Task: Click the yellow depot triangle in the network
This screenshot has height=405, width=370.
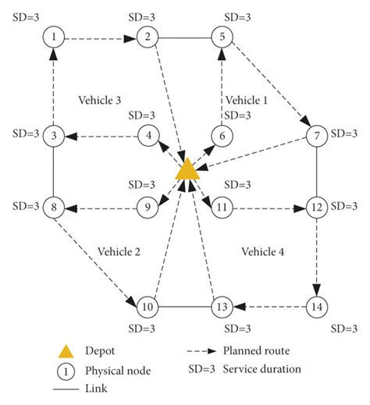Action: (x=186, y=170)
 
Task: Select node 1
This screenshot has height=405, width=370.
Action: (x=53, y=36)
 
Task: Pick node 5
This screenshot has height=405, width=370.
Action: (x=222, y=36)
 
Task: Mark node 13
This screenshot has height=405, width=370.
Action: (x=222, y=306)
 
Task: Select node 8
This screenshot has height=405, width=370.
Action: (x=53, y=208)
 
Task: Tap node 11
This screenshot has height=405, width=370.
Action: (x=222, y=208)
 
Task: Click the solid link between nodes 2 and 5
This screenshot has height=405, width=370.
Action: (x=184, y=36)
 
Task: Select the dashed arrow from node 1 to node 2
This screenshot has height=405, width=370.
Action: (x=100, y=36)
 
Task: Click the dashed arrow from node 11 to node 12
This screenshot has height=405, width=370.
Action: (x=269, y=208)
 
